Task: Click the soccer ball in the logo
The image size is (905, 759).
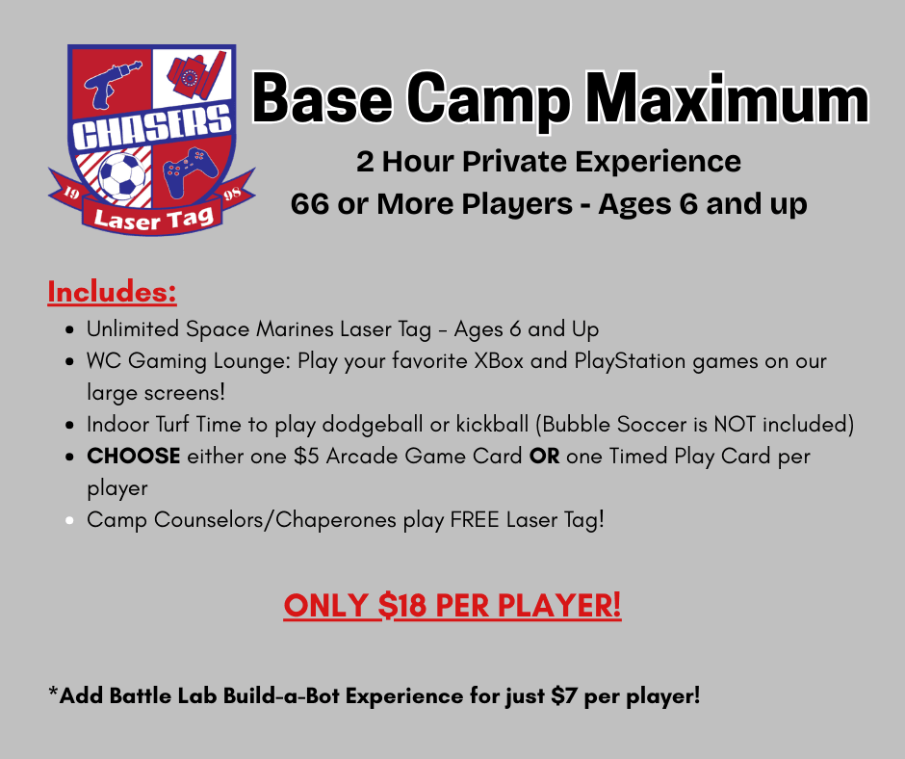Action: click(121, 174)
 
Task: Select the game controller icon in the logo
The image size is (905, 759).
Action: click(190, 171)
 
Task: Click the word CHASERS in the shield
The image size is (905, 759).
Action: click(151, 127)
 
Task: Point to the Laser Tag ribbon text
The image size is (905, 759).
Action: click(153, 219)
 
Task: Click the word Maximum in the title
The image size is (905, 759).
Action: click(730, 99)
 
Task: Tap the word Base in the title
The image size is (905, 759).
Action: click(323, 99)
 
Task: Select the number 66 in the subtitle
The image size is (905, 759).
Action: click(309, 204)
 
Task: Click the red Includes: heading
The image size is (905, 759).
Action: click(112, 292)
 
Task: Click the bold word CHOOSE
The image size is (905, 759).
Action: click(133, 457)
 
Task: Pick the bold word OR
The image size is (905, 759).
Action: click(544, 457)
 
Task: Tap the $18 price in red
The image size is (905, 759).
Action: click(402, 605)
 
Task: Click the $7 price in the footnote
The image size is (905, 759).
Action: click(564, 695)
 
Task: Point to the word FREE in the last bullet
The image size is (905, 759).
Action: click(475, 520)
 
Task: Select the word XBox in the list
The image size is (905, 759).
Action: click(499, 361)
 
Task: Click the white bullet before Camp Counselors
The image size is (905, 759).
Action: click(70, 520)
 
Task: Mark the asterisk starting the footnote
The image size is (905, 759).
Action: click(53, 691)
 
